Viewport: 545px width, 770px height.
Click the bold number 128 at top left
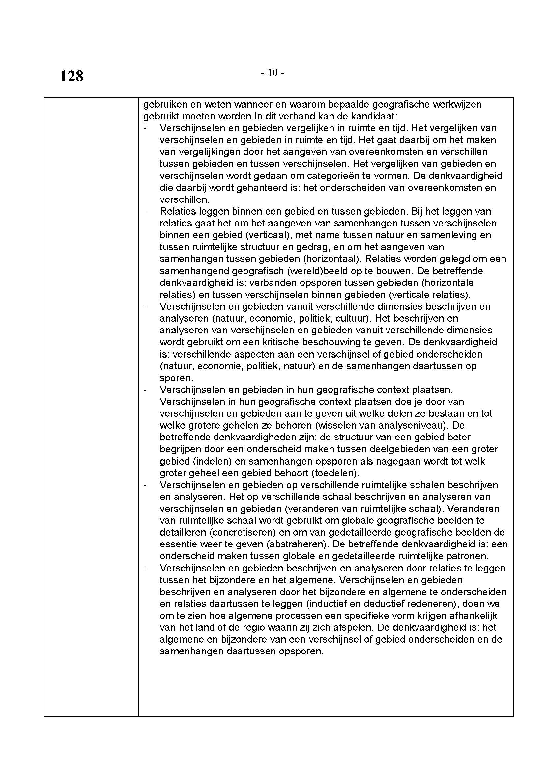click(x=72, y=76)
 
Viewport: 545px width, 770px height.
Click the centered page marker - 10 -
click(x=272, y=73)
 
